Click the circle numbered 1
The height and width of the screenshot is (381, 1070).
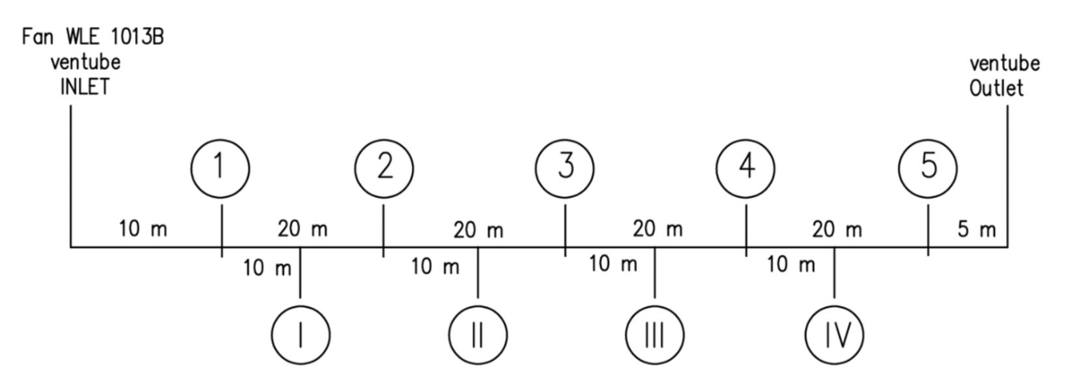click(x=220, y=169)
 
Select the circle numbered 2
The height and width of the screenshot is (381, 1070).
click(x=384, y=169)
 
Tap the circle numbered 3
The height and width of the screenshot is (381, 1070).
click(x=564, y=169)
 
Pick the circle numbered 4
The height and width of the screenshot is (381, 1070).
click(x=745, y=169)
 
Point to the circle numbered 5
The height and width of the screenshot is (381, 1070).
click(x=928, y=169)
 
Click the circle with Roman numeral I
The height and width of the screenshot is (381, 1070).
click(x=301, y=335)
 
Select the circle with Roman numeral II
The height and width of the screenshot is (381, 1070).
click(x=478, y=335)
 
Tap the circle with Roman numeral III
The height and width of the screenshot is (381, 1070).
click(x=654, y=335)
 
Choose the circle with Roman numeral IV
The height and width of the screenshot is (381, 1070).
click(x=834, y=335)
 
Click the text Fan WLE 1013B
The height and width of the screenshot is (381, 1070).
click(x=93, y=37)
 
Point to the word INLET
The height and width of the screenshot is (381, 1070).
click(x=85, y=87)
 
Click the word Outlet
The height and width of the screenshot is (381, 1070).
click(x=996, y=89)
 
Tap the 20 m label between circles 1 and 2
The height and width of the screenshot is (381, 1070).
click(x=302, y=229)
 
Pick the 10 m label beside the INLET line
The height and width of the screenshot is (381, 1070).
click(x=143, y=229)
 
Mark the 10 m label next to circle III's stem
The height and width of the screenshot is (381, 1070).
click(x=613, y=264)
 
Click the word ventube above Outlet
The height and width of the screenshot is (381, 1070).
click(x=1004, y=64)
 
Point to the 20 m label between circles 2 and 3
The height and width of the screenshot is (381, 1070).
click(x=478, y=230)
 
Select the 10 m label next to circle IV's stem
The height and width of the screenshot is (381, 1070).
click(x=791, y=265)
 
